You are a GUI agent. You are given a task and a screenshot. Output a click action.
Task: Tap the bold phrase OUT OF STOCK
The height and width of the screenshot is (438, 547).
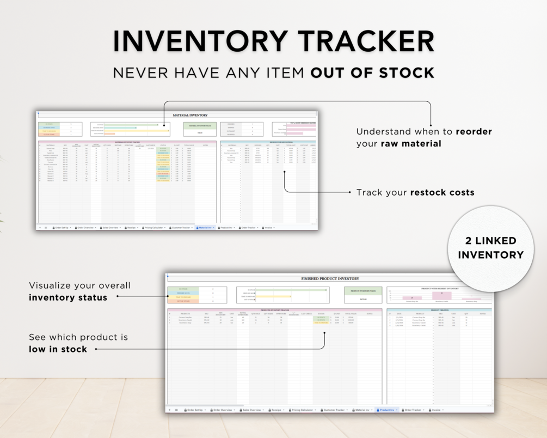[373, 72]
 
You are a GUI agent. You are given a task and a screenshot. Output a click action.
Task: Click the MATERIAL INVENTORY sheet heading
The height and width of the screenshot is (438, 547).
[190, 115]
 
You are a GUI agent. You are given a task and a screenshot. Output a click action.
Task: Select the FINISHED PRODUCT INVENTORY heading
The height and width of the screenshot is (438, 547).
[330, 278]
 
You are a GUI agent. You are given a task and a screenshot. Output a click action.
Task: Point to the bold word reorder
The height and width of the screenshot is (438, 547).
[474, 132]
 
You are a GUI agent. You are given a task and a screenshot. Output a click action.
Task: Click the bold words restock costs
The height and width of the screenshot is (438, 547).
[442, 192]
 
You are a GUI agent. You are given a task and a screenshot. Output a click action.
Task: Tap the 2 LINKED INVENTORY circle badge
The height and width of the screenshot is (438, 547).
[490, 248]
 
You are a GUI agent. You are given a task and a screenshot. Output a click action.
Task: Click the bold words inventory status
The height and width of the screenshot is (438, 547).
[68, 297]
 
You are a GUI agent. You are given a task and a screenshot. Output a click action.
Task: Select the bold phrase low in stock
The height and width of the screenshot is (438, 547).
[58, 349]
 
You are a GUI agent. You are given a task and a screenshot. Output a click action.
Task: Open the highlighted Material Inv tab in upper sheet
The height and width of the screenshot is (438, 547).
[205, 228]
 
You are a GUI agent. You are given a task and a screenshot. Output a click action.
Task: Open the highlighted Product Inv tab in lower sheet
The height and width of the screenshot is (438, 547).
[387, 410]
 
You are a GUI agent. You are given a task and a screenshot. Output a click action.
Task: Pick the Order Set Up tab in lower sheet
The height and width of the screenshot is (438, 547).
[194, 410]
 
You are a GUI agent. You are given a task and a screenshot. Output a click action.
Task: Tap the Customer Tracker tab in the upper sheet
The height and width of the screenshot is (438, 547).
[181, 228]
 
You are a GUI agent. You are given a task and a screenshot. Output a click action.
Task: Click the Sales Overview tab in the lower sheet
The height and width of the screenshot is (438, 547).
[253, 410]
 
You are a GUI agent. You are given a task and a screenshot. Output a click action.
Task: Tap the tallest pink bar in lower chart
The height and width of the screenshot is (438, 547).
[442, 295]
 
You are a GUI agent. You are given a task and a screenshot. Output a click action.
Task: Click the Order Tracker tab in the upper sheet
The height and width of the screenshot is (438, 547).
[248, 228]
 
